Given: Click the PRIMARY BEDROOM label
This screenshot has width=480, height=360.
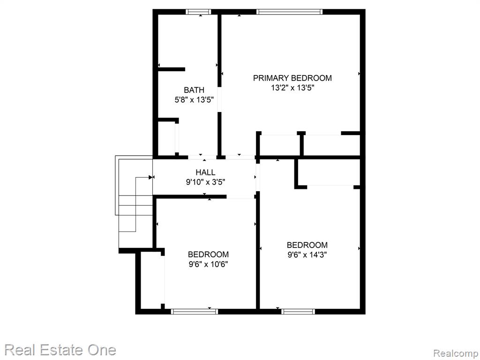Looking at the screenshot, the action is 292,78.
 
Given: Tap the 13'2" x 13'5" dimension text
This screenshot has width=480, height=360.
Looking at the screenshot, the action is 292,88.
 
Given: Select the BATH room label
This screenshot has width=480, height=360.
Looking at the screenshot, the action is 194,90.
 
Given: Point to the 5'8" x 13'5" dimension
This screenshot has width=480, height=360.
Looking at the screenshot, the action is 194,100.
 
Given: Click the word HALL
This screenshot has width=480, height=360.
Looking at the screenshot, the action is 205,172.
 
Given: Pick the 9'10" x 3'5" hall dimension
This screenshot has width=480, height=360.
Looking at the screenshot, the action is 206,182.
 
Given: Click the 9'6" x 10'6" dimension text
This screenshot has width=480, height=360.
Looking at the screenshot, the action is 208,264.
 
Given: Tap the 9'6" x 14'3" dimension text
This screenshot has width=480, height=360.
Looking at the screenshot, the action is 307,255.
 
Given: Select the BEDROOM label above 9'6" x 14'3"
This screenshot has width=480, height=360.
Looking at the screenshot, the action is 307,245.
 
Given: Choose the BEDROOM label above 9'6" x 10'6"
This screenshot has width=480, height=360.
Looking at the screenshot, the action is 208,255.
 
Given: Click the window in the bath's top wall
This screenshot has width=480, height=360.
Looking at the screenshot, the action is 198,12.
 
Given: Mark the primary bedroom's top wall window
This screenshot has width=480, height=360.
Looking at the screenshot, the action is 289,12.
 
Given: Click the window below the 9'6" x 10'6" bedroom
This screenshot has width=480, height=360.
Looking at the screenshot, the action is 195,311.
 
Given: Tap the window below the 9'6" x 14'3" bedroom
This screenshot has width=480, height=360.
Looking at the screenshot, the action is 298,311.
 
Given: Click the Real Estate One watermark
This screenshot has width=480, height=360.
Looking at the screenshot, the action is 60,350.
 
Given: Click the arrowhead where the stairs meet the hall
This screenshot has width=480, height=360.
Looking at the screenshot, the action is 150,177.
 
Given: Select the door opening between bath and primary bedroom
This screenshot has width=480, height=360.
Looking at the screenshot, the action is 219,99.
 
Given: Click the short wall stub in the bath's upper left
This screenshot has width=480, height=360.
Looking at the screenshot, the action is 172,69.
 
